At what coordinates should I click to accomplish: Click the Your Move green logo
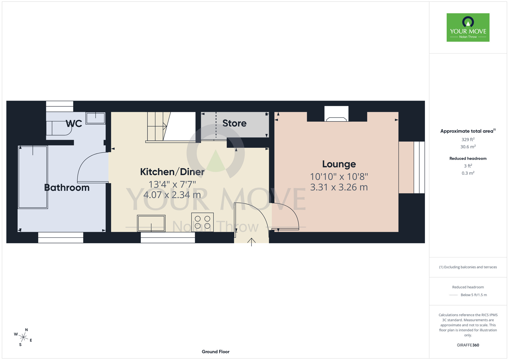click(x=468, y=27)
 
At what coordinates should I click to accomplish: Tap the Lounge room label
click(x=339, y=164)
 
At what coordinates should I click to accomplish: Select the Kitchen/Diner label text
click(x=172, y=172)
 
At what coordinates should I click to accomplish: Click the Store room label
click(x=234, y=123)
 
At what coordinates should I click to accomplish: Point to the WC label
click(x=74, y=124)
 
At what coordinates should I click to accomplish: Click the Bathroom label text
click(x=67, y=188)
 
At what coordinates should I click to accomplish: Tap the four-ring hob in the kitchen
click(x=202, y=222)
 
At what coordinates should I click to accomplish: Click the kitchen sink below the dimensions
click(x=151, y=223)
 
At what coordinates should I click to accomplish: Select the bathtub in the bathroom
click(x=33, y=177)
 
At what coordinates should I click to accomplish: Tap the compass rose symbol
click(x=23, y=337)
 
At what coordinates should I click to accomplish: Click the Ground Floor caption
click(x=216, y=352)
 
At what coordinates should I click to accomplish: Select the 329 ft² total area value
click(x=468, y=140)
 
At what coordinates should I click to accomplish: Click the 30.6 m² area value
click(x=468, y=147)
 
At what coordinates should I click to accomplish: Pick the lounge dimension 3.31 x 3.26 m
click(x=339, y=187)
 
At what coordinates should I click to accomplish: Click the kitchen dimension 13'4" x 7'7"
click(x=172, y=184)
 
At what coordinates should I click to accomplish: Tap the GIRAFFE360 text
click(x=468, y=345)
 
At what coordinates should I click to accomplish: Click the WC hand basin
click(x=95, y=118)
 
